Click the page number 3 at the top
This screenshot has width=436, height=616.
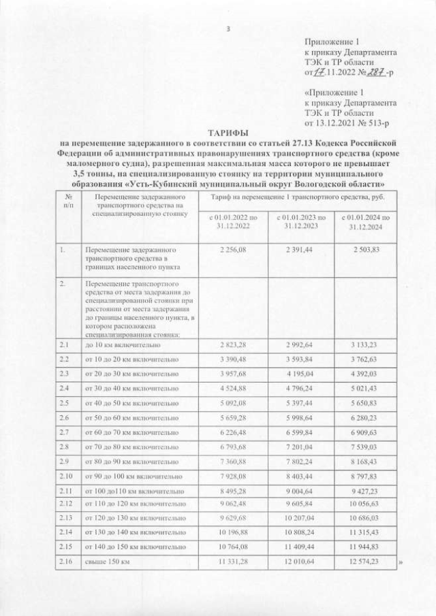pyautogui.click(x=228, y=28)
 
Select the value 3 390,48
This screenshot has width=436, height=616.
pyautogui.click(x=232, y=359)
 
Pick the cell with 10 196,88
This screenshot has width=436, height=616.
pyautogui.click(x=232, y=532)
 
